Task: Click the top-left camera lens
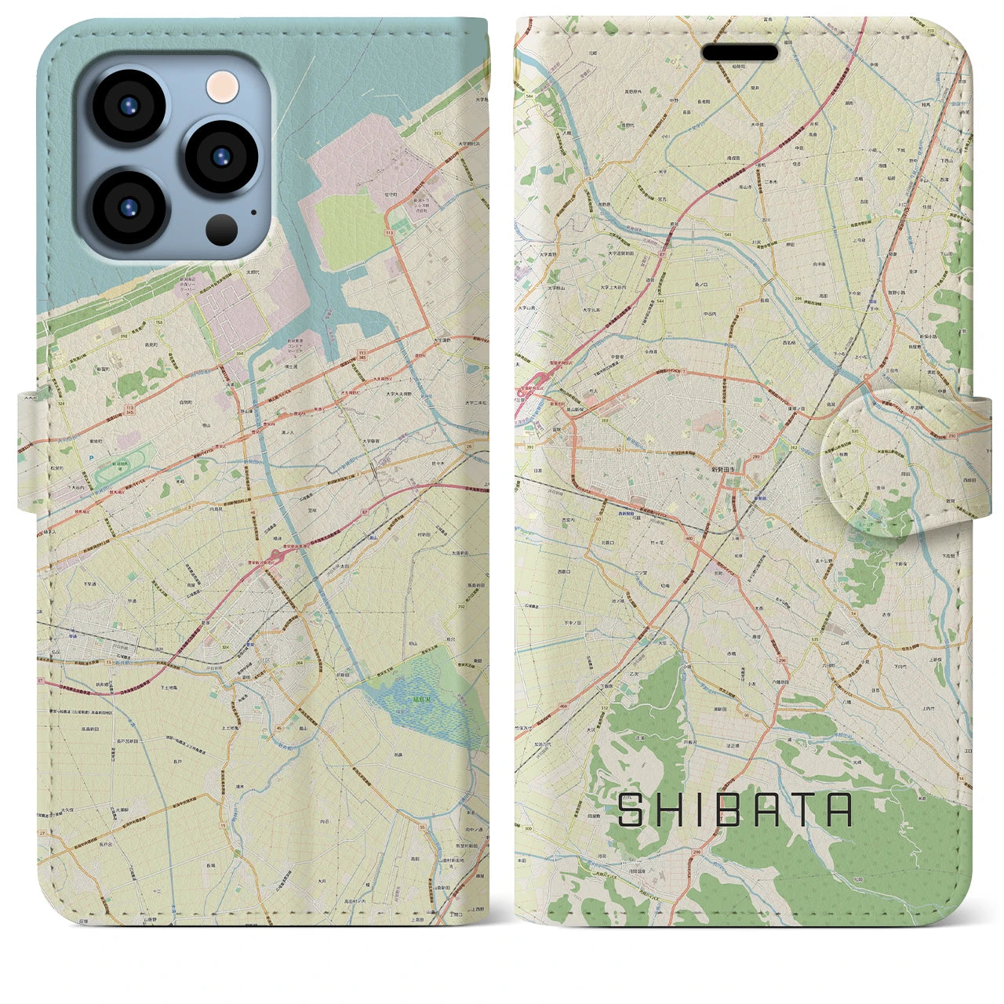pyautogui.click(x=127, y=107)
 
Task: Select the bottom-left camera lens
pyautogui.click(x=127, y=206)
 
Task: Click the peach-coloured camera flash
pyautogui.click(x=224, y=84)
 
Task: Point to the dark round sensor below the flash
pyautogui.click(x=224, y=229)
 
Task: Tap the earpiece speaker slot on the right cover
pyautogui.click(x=740, y=53)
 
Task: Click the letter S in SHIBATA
pyautogui.click(x=632, y=810)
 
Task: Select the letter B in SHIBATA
pyautogui.click(x=726, y=810)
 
